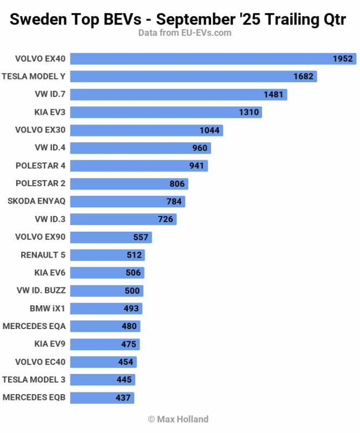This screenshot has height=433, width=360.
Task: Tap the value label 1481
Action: pyautogui.click(x=273, y=95)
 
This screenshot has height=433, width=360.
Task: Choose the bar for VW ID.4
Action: pyautogui.click(x=140, y=148)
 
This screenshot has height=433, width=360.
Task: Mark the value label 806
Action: pyautogui.click(x=177, y=184)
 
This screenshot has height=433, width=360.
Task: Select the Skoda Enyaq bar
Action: pyautogui.click(x=128, y=201)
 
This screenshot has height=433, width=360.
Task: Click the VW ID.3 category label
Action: pyautogui.click(x=50, y=219)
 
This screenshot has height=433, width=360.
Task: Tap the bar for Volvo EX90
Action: pyautogui.click(x=111, y=237)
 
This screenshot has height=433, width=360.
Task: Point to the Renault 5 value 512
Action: pyautogui.click(x=134, y=255)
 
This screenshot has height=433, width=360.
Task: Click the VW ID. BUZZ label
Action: pyautogui.click(x=41, y=291)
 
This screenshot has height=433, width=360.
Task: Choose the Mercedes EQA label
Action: pyautogui.click(x=34, y=326)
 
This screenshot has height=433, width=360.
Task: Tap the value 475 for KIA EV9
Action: pyautogui.click(x=129, y=344)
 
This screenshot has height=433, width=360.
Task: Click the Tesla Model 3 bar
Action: pyautogui.click(x=102, y=380)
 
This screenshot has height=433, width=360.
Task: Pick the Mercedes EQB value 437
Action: pyautogui.click(x=123, y=398)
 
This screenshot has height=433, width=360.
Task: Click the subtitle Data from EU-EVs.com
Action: pyautogui.click(x=185, y=33)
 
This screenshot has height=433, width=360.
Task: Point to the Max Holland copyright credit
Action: pyautogui.click(x=178, y=419)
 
